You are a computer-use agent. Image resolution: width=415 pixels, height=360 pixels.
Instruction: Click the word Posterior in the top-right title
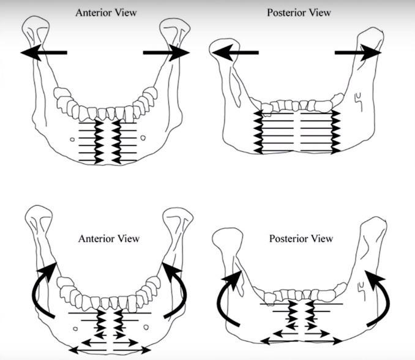286,12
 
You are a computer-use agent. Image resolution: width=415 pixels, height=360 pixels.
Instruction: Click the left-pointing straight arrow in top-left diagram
43,54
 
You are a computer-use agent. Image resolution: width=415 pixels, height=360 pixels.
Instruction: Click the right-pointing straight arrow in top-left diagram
166,54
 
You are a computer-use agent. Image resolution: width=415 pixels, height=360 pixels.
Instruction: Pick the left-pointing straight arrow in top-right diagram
235,54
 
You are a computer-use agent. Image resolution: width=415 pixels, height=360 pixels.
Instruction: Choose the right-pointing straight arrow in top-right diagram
358,54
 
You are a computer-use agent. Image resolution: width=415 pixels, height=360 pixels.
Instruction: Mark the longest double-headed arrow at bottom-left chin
110,349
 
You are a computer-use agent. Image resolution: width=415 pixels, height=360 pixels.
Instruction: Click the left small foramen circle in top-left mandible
72,139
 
